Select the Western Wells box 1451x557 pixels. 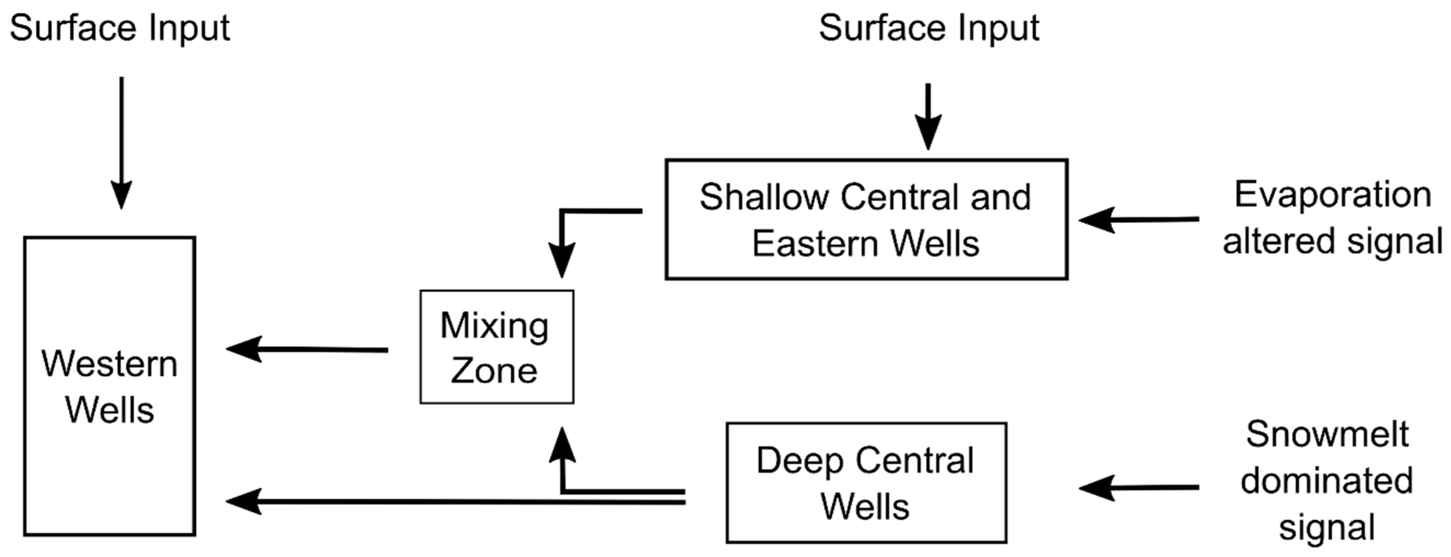[109, 386]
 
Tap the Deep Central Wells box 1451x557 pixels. [866, 483]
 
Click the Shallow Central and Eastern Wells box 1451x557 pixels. [866, 219]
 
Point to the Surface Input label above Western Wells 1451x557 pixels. [120, 28]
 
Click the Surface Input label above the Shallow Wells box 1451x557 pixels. [928, 28]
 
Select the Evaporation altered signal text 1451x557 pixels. [1332, 218]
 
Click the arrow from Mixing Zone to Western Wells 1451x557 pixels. [307, 350]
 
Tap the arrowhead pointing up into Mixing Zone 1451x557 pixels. [562, 446]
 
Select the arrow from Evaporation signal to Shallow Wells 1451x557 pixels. [1138, 220]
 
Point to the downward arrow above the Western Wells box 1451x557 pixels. [121, 144]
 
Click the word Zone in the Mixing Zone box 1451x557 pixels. [494, 371]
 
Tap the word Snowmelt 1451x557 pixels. [1326, 434]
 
